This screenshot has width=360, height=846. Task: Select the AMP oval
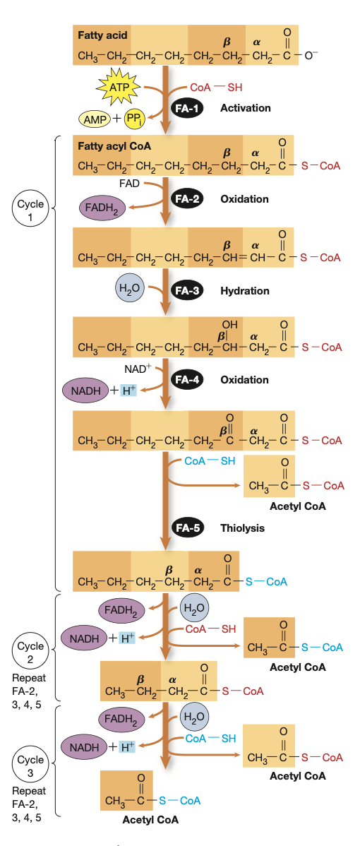pos(95,119)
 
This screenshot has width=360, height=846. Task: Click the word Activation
pos(245,108)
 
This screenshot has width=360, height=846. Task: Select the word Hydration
pos(245,291)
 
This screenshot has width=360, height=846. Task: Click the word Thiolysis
pos(243,528)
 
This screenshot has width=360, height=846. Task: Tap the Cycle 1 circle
pos(30,210)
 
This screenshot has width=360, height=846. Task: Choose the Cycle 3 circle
pos(30,766)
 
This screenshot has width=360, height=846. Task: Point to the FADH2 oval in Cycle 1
pos(103,207)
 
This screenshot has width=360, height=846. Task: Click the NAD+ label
pos(136,369)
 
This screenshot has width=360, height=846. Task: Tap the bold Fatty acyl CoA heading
pos(114,145)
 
